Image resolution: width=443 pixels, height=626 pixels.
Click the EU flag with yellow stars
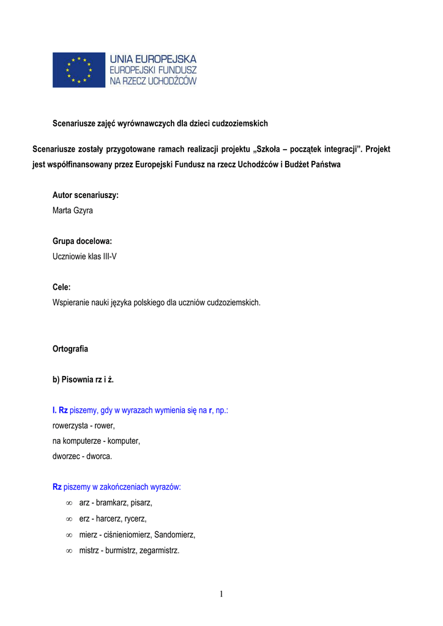click(x=78, y=70)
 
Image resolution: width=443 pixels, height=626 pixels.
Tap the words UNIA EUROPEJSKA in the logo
click(x=153, y=59)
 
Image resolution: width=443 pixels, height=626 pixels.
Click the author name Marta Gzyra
click(x=73, y=211)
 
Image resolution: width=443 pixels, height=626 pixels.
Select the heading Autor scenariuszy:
click(x=85, y=196)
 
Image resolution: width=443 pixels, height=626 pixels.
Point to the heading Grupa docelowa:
click(x=82, y=241)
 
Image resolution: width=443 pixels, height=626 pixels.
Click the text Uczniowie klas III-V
click(x=84, y=257)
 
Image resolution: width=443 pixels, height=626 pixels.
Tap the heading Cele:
click(x=62, y=287)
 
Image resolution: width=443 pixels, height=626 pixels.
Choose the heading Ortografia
click(x=70, y=349)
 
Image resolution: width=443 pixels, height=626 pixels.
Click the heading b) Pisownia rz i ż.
click(x=83, y=380)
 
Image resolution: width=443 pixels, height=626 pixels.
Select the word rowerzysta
click(x=71, y=425)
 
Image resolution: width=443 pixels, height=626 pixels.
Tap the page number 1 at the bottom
click(x=221, y=594)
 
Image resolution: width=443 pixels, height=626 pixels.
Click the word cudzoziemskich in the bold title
click(x=240, y=123)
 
